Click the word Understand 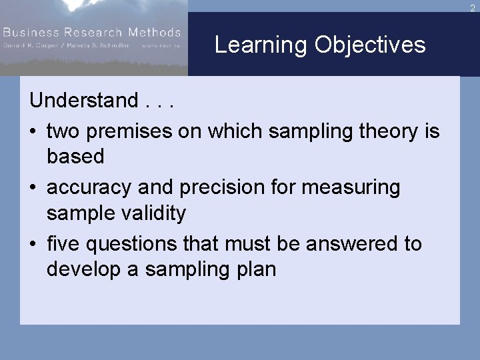83,101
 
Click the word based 75,157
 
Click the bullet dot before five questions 33,245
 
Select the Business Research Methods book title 91,32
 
